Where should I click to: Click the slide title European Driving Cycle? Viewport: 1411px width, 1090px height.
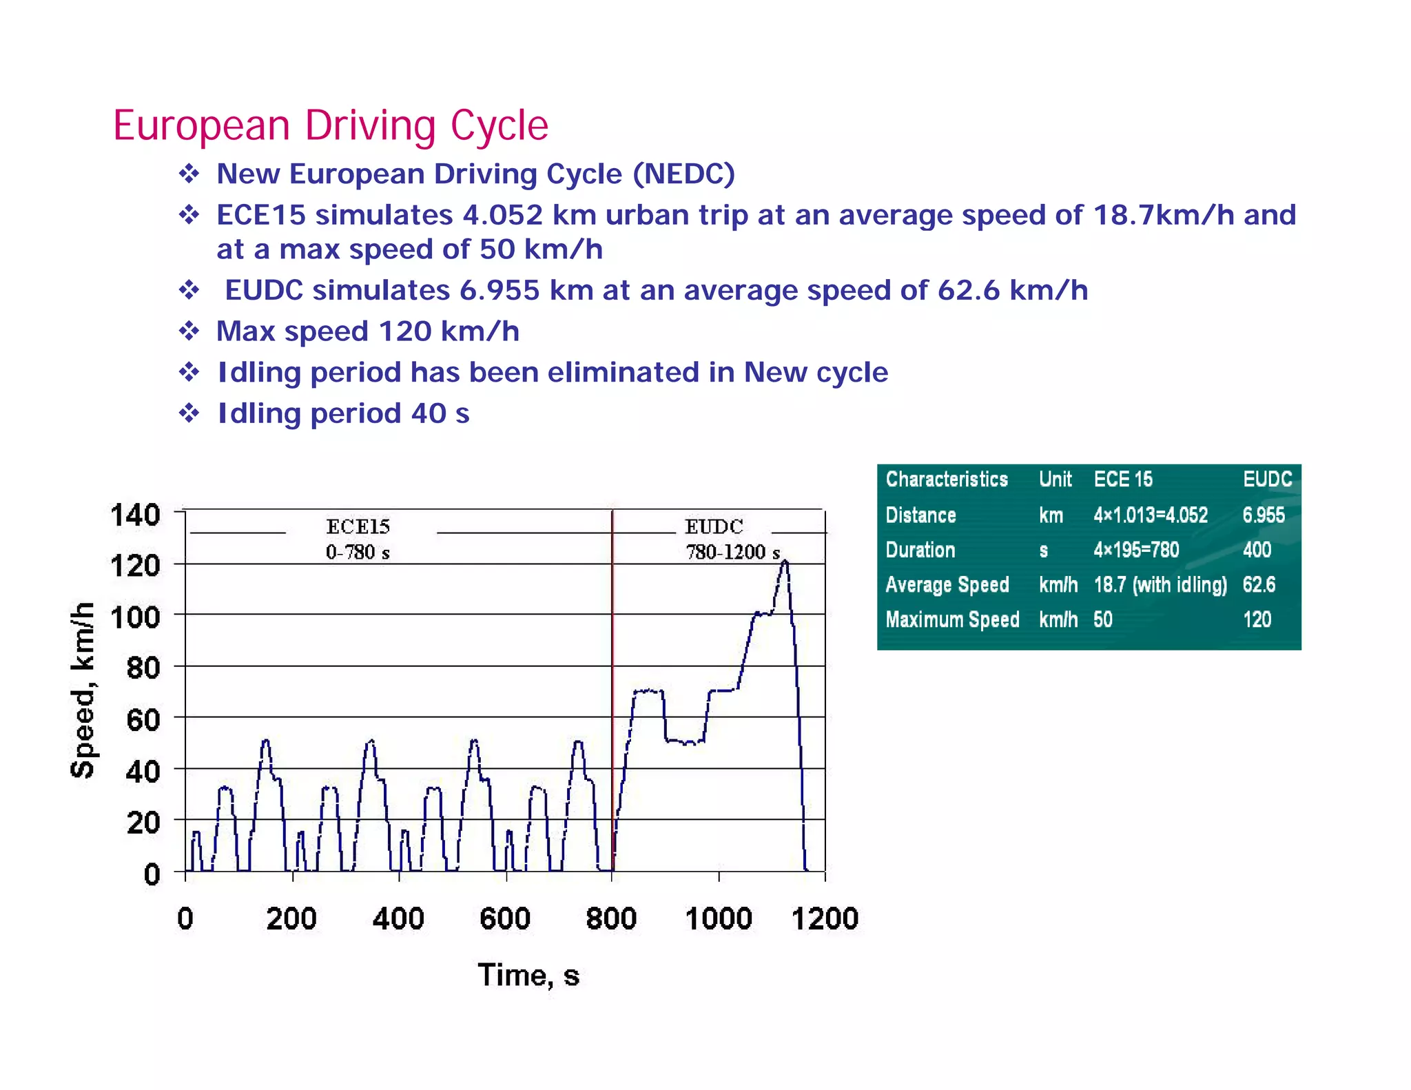(x=331, y=125)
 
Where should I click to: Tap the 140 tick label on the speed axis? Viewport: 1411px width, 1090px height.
(x=136, y=515)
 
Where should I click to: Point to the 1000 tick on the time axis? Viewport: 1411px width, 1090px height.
(x=719, y=918)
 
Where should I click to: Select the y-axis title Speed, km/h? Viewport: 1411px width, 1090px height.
(x=83, y=690)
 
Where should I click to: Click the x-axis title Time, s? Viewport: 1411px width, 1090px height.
(x=528, y=975)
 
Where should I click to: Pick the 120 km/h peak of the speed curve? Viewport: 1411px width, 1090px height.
(x=785, y=562)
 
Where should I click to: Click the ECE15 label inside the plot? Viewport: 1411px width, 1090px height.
(x=358, y=527)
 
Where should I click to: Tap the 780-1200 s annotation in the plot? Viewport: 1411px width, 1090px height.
(x=732, y=553)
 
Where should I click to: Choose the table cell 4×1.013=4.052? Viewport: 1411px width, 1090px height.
(x=1150, y=515)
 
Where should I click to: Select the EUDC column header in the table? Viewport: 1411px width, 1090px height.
(x=1267, y=480)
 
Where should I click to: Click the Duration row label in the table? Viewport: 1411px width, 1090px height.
(x=920, y=550)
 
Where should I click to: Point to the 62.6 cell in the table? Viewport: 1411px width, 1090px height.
(x=1259, y=585)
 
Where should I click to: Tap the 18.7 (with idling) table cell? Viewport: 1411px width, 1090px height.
(x=1160, y=585)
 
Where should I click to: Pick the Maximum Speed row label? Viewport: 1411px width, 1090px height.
(x=952, y=619)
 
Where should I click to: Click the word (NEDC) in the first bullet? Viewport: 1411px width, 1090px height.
(x=683, y=174)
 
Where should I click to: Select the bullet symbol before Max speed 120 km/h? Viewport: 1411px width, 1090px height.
(x=189, y=331)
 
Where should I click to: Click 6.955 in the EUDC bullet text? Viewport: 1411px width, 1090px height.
(x=499, y=290)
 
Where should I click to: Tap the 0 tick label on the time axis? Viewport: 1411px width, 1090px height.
(x=185, y=918)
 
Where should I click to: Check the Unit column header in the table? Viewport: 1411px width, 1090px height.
(x=1055, y=480)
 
